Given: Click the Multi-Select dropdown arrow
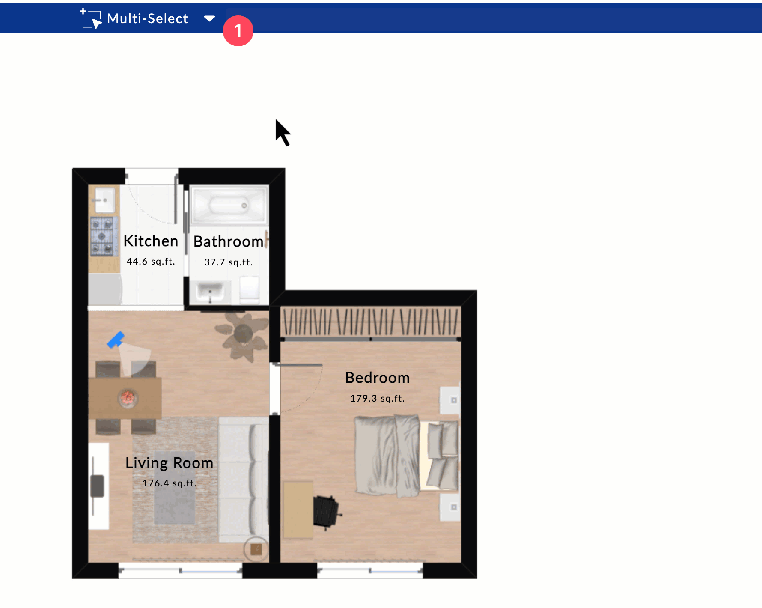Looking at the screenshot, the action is (x=209, y=18).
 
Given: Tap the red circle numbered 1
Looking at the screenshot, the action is (x=238, y=31).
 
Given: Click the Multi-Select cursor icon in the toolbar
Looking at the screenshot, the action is (x=91, y=18).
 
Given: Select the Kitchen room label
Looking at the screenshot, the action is (x=151, y=241).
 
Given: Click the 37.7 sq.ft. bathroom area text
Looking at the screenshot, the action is (x=228, y=262).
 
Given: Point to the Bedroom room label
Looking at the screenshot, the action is (x=377, y=378).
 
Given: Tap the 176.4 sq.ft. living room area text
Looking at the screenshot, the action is (x=169, y=483).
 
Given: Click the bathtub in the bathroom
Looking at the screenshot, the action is (x=229, y=205).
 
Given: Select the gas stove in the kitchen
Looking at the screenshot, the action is (x=103, y=236).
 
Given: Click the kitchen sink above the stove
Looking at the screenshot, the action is (x=104, y=200).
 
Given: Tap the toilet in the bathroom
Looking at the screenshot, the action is (x=250, y=289).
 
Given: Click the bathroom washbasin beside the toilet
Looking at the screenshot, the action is (x=210, y=292).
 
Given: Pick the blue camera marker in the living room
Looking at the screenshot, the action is (x=116, y=340).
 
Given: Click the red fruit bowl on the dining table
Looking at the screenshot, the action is (x=128, y=398).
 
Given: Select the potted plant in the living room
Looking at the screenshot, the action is (x=242, y=334).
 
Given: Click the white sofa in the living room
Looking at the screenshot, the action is (x=243, y=480).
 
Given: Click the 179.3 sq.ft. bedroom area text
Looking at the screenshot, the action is (x=377, y=398).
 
